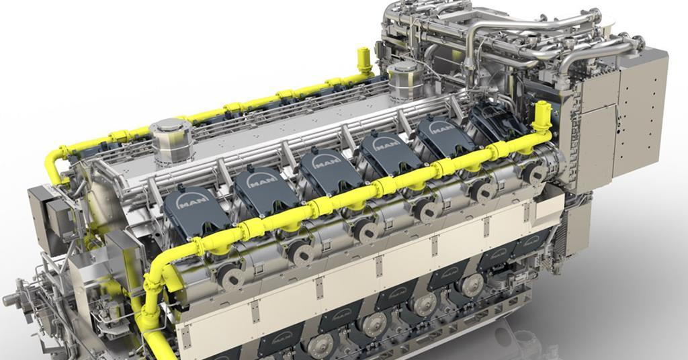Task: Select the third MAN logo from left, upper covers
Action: click(x=325, y=162)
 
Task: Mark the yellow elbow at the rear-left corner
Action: click(x=54, y=161)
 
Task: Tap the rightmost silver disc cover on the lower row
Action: click(x=472, y=283)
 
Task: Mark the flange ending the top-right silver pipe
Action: click(x=638, y=43)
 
